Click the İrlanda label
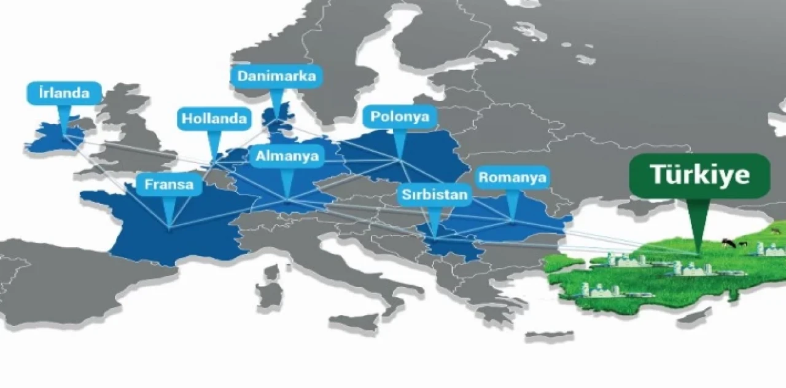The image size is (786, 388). [64, 93]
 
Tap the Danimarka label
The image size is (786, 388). [276, 77]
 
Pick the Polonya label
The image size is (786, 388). [400, 116]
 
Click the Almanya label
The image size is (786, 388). [287, 156]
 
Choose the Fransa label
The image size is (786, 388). [169, 184]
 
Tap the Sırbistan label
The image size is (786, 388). [435, 196]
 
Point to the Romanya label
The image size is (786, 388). [513, 178]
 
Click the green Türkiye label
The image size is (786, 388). [699, 176]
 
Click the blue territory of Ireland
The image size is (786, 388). [54, 137]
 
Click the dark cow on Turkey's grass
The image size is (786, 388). [729, 243]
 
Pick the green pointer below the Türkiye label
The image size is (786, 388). [696, 228]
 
